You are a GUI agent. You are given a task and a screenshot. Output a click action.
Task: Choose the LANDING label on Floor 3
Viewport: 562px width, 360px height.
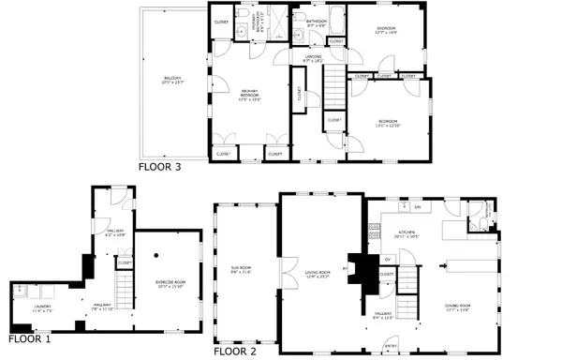[312, 59]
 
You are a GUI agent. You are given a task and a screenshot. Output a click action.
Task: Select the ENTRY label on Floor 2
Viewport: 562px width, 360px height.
[391, 343]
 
